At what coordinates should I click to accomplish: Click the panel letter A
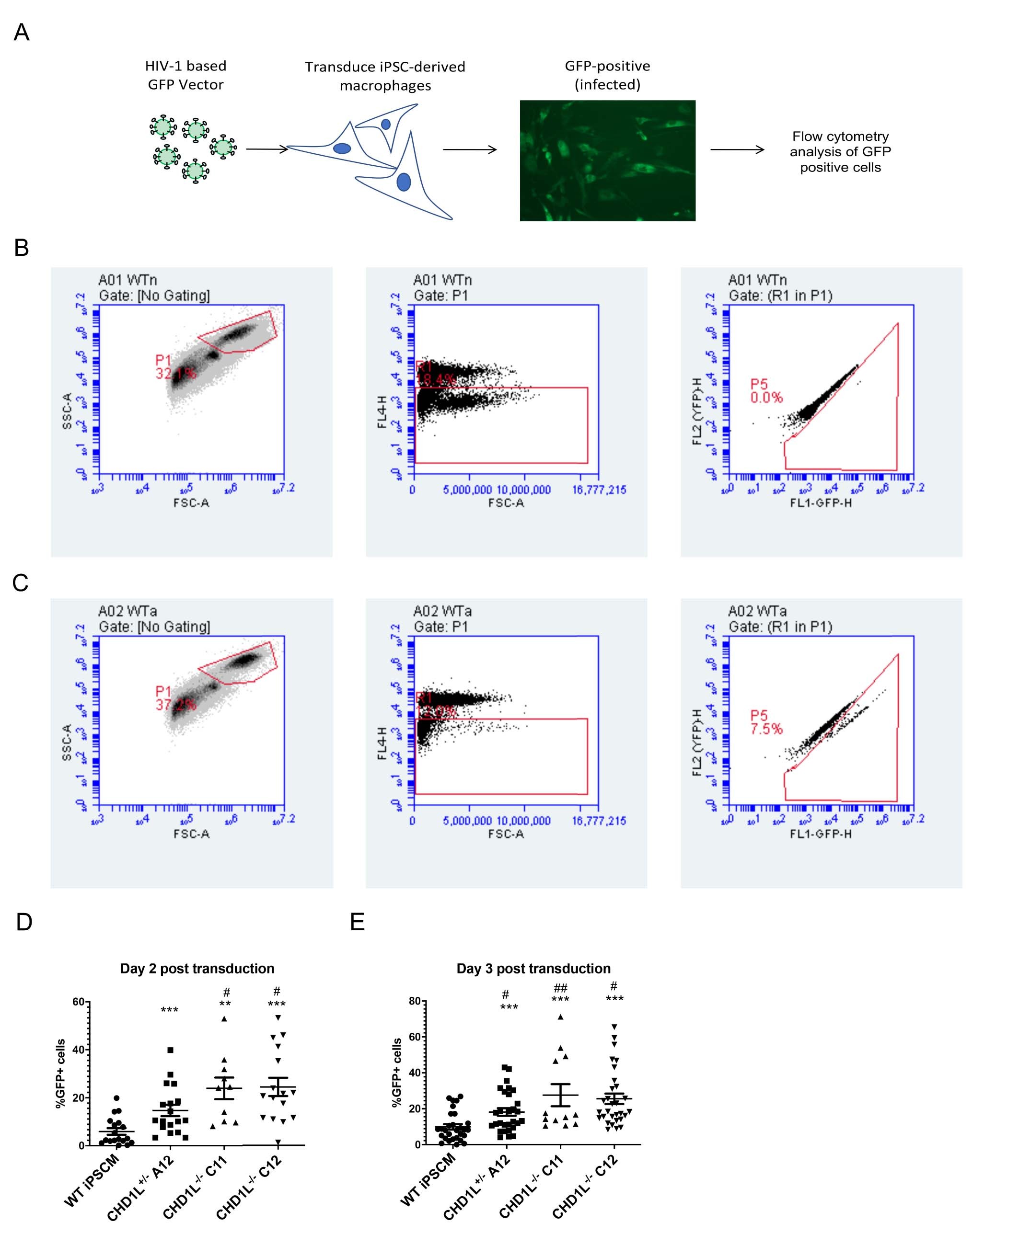(x=22, y=32)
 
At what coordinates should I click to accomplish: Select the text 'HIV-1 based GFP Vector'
(x=185, y=75)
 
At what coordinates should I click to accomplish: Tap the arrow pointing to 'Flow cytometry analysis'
(x=737, y=149)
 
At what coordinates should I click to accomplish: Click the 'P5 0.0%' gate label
(x=766, y=391)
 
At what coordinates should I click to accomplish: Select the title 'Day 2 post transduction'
(x=197, y=968)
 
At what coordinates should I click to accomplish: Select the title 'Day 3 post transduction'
(x=533, y=968)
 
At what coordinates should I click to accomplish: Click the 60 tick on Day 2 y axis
(x=79, y=1002)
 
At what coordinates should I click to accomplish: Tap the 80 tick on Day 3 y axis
(x=415, y=1002)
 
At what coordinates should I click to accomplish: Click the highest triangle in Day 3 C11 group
(x=561, y=1017)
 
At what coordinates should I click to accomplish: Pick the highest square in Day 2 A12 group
(x=170, y=1050)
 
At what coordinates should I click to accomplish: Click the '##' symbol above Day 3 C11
(x=561, y=988)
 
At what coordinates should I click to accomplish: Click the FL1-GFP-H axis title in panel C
(x=820, y=834)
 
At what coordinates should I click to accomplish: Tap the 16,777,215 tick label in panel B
(x=599, y=489)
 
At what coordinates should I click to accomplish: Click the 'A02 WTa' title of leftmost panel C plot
(x=127, y=611)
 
